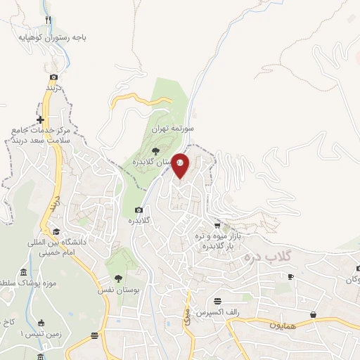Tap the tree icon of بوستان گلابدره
coord(156,150)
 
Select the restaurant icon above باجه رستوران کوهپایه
coord(48,20)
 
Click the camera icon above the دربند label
coord(53,77)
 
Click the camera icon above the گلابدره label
coord(139,210)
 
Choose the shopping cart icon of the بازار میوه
coord(217,226)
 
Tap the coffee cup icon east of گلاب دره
coord(291,277)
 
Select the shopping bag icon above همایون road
coord(312,314)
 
